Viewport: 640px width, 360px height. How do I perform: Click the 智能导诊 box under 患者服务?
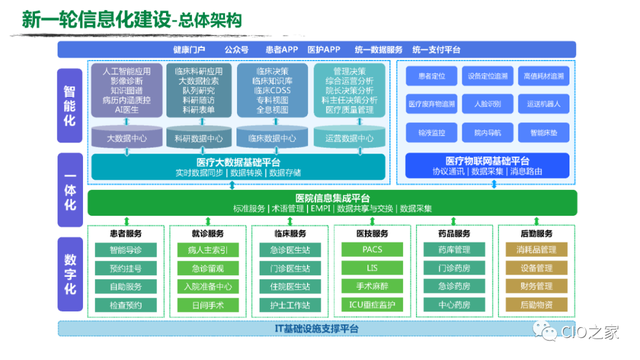click(126, 249)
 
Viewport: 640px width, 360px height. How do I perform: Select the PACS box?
click(370, 249)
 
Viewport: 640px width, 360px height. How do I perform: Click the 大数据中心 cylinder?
click(126, 138)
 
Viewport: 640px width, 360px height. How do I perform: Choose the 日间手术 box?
click(207, 304)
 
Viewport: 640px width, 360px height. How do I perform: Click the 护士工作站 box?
click(288, 304)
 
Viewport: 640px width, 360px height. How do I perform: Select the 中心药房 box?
click(452, 304)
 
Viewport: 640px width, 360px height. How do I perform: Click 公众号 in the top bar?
click(237, 48)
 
